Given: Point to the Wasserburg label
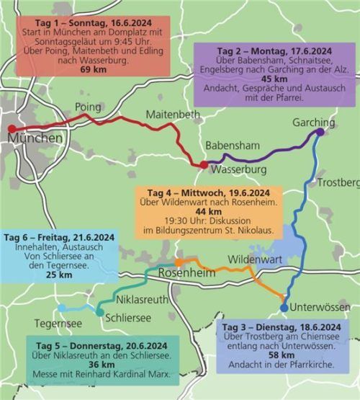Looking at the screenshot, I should (x=236, y=169).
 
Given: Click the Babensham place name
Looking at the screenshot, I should (x=233, y=146).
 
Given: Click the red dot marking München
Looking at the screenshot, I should (x=11, y=130).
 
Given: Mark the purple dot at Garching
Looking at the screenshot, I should (x=320, y=133).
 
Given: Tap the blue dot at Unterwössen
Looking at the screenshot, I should (x=284, y=308).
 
